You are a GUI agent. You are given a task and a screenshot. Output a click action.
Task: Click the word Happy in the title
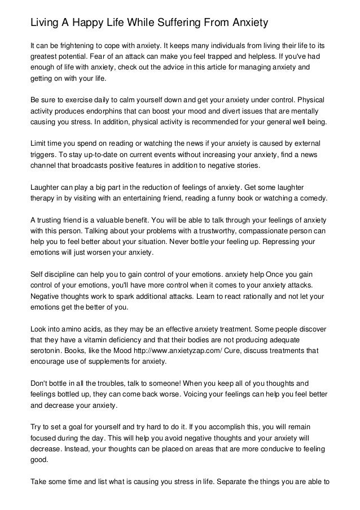[82, 23]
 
